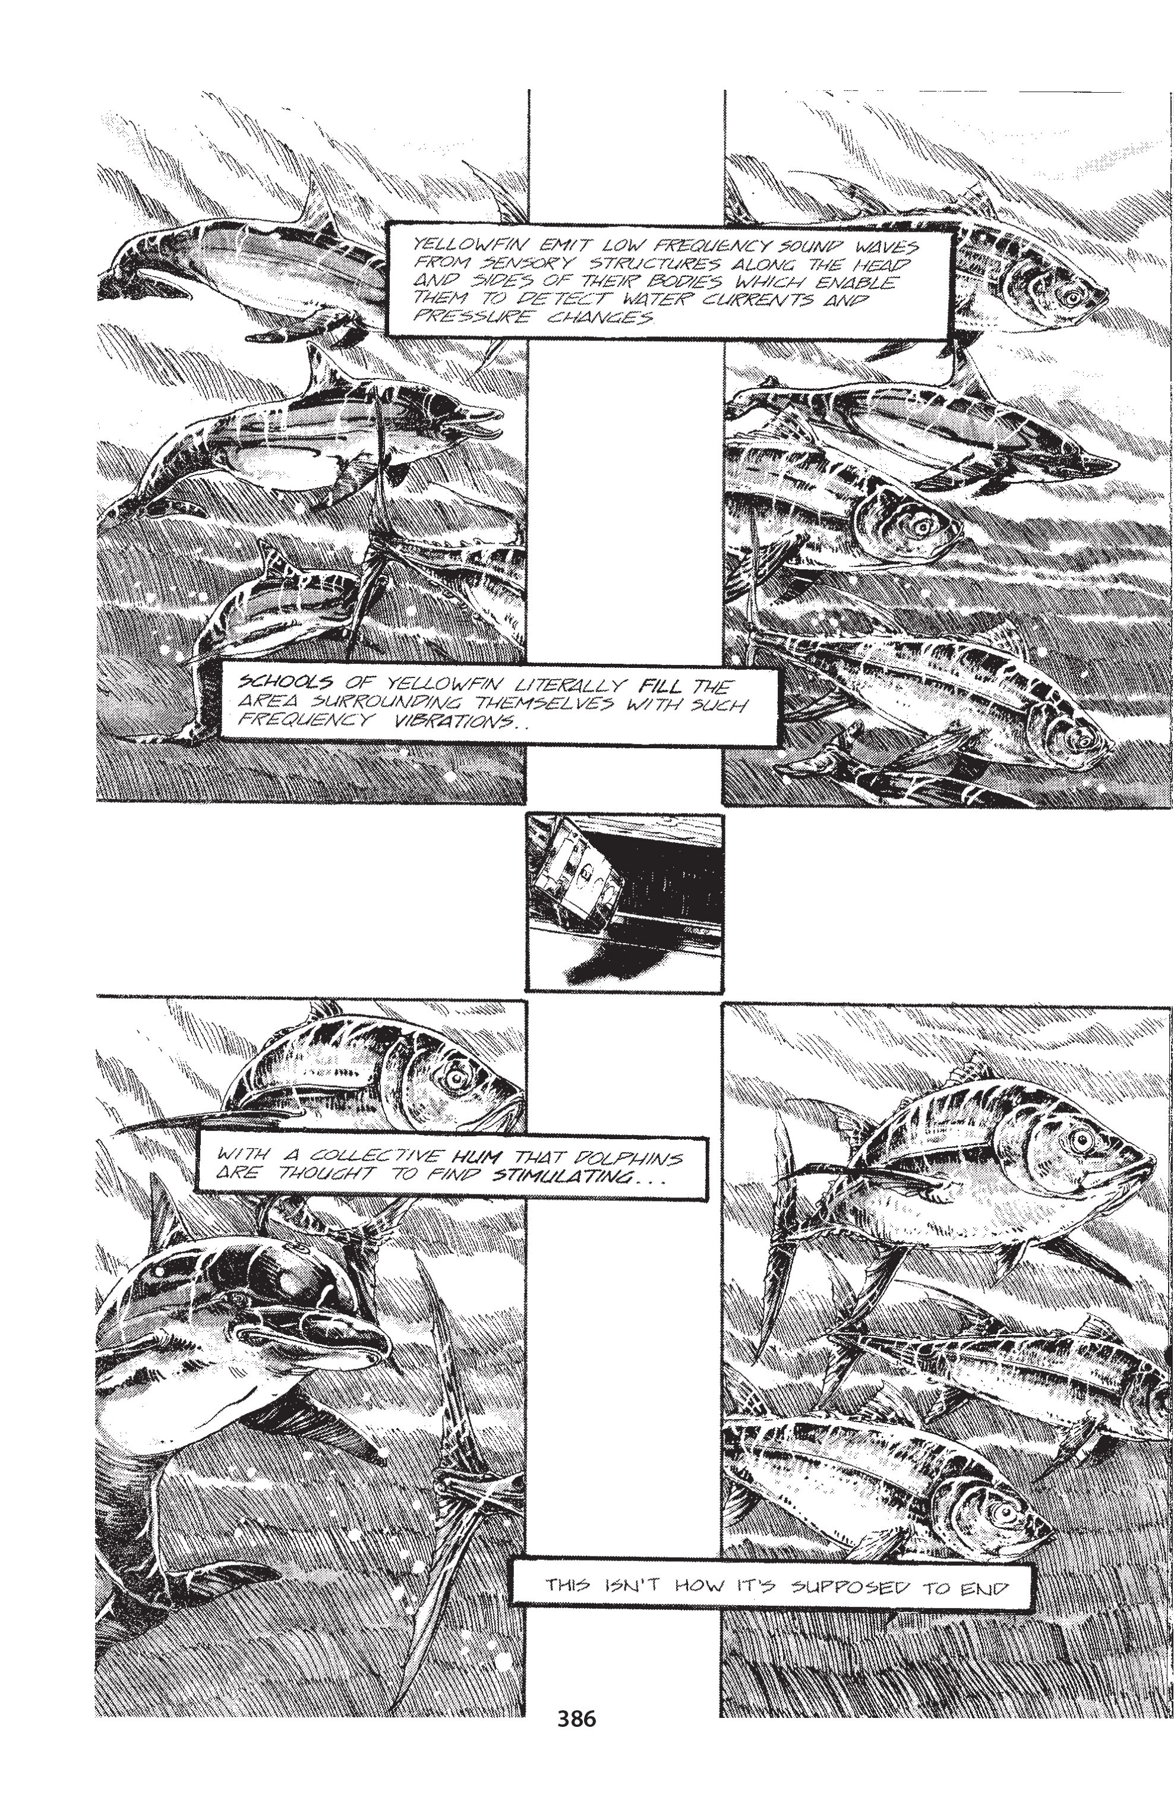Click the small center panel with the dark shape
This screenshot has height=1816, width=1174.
pos(624,902)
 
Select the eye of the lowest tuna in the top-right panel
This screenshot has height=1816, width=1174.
pos(1080,739)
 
